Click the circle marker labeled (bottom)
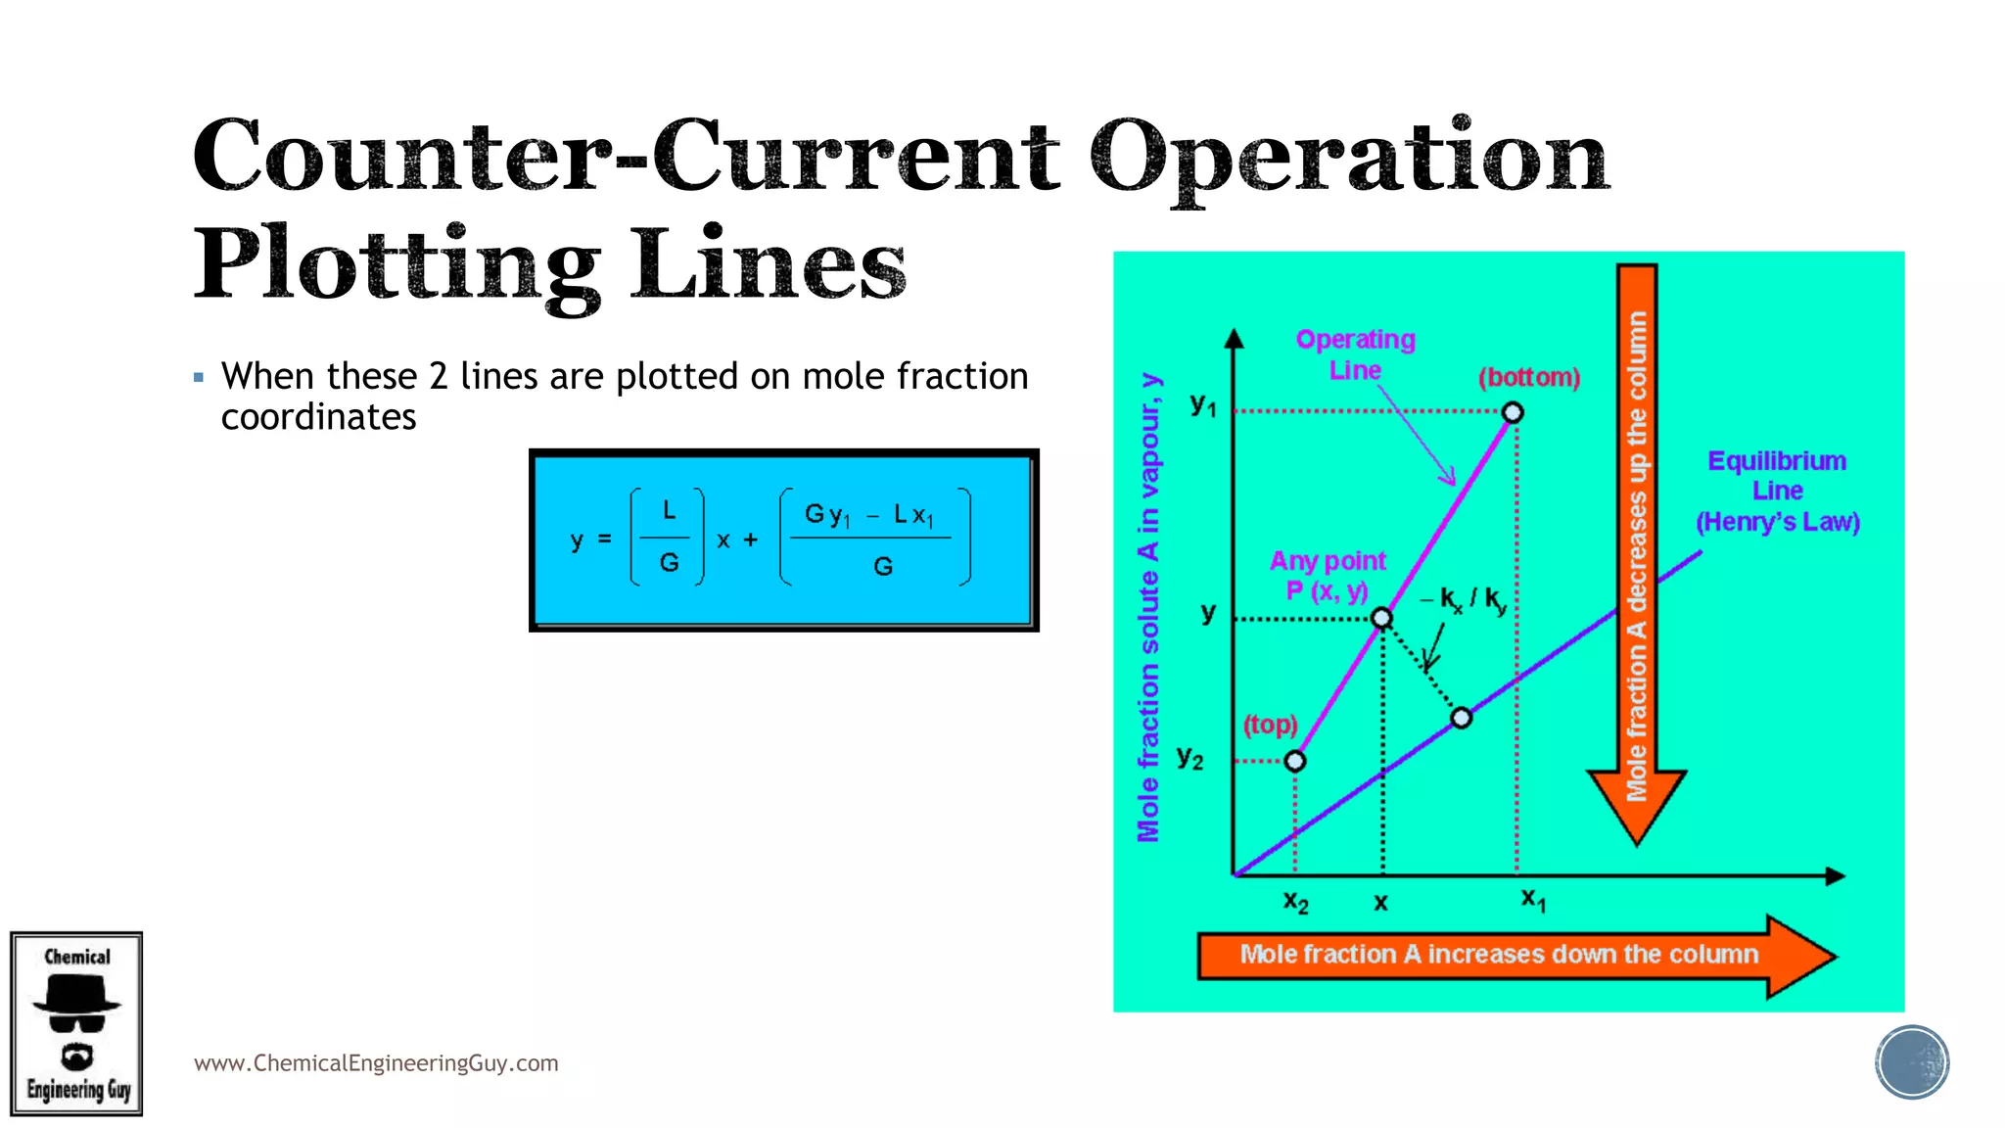click(x=1513, y=412)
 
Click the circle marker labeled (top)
click(x=1295, y=761)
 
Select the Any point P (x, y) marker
click(x=1381, y=618)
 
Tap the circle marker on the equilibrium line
click(x=1462, y=719)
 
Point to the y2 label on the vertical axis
click(x=1190, y=757)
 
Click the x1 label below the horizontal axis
click(x=1533, y=899)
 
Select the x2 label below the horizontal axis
click(x=1295, y=902)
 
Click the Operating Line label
click(x=1355, y=354)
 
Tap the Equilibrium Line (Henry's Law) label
click(x=1777, y=491)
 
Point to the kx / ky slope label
click(x=1469, y=599)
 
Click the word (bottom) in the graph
click(x=1529, y=377)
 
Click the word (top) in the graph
click(x=1270, y=725)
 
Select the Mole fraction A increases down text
click(x=1498, y=954)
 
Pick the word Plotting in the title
click(x=396, y=264)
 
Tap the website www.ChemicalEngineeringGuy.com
click(x=376, y=1063)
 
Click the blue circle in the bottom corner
click(x=1912, y=1062)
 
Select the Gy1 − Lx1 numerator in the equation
click(x=869, y=515)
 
